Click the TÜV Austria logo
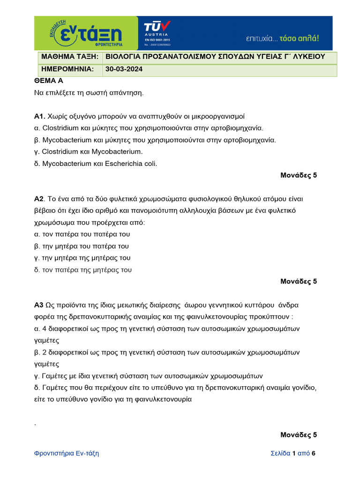[157, 33]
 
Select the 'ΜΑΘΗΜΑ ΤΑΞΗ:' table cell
[69, 57]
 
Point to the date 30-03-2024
[124, 69]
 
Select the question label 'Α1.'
[39, 116]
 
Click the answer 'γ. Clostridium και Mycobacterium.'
[88, 152]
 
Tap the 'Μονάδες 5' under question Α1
[299, 175]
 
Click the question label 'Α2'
[39, 199]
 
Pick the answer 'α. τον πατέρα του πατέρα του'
[82, 234]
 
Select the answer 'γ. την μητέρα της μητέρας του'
[82, 258]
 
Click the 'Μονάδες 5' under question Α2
[299, 281]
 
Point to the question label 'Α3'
[39, 305]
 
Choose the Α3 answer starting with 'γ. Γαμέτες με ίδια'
[148, 376]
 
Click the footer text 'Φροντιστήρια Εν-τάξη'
[67, 453]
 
